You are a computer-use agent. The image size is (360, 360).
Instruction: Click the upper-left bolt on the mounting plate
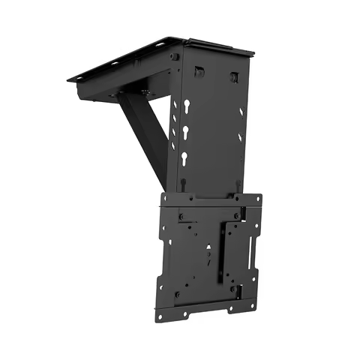(181, 217)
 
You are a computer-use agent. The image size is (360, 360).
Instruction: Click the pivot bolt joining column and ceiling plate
(174, 56)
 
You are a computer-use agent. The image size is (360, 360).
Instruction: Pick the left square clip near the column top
(200, 72)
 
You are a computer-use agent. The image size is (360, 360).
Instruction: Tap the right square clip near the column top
(234, 77)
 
